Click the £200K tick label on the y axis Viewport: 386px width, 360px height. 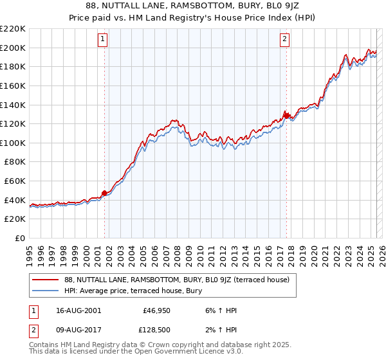[x=14, y=48]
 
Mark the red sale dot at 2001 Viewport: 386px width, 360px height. [x=104, y=192]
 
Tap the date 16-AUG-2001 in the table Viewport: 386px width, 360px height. [x=73, y=310]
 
